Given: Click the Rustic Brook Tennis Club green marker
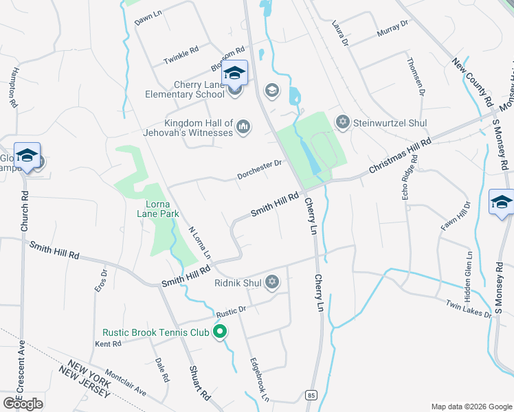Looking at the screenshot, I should tap(221, 333).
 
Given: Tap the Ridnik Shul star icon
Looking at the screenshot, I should tap(272, 282).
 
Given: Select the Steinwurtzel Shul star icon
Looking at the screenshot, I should tap(342, 123).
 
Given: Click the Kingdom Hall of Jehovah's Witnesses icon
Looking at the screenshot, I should tap(243, 126).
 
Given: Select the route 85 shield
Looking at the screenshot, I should tap(311, 395).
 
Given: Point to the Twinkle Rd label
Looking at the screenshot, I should tap(181, 56).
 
